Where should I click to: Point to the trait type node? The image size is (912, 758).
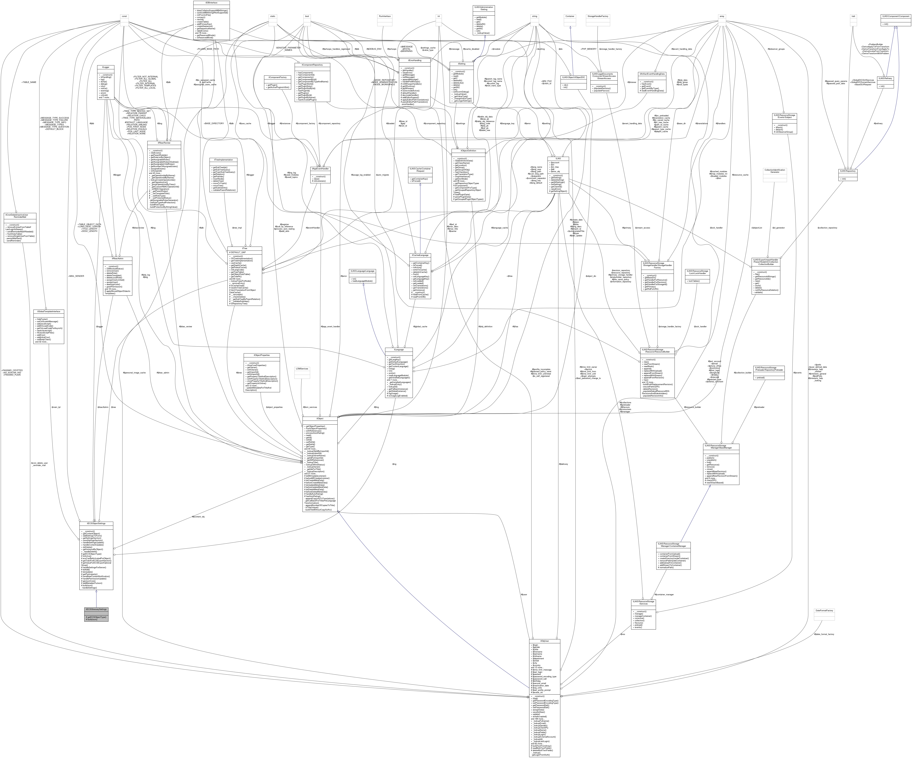[x=853, y=16]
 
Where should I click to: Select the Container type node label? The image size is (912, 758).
[x=569, y=16]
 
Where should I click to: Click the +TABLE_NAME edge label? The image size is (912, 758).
[x=29, y=82]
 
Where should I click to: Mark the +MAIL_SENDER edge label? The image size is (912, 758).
[x=76, y=276]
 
